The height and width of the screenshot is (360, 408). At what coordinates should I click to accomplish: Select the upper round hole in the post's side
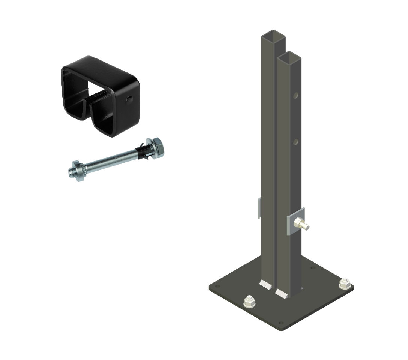tap(296, 96)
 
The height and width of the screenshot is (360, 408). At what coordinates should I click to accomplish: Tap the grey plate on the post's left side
tap(259, 208)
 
